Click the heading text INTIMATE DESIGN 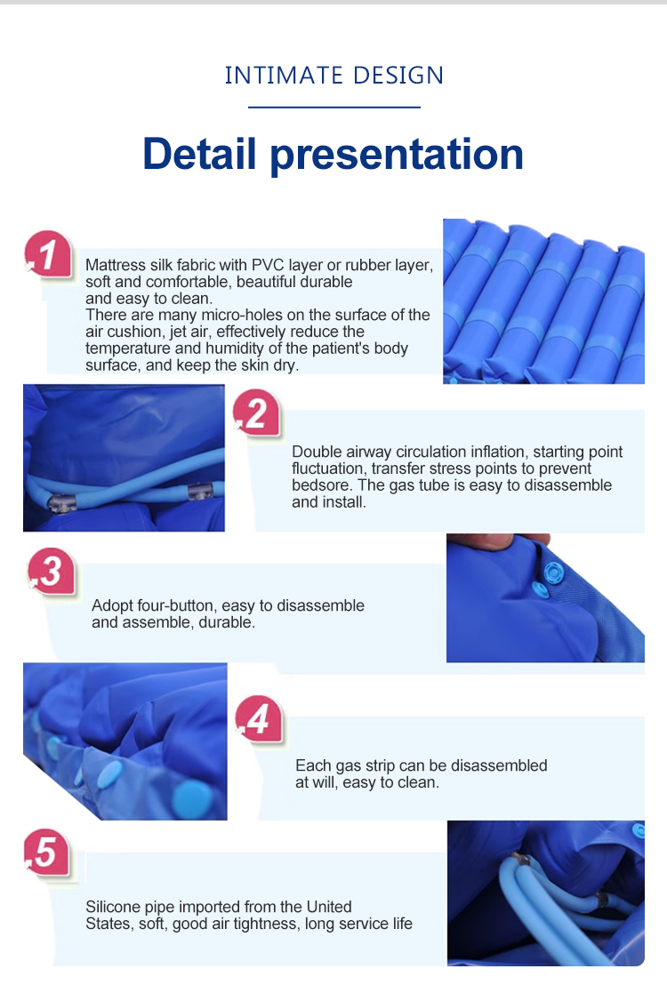coord(333,76)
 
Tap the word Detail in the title coord(199,154)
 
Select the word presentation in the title coord(398,156)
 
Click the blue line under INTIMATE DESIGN coord(333,107)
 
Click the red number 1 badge coord(48,255)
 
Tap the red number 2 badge coord(257,413)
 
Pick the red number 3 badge coord(52,571)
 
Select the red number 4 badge coord(259,719)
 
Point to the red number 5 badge coord(47,853)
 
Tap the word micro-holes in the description coord(241,315)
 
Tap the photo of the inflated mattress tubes coord(543,301)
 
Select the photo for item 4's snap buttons coord(125,741)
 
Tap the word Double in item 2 coord(316,452)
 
